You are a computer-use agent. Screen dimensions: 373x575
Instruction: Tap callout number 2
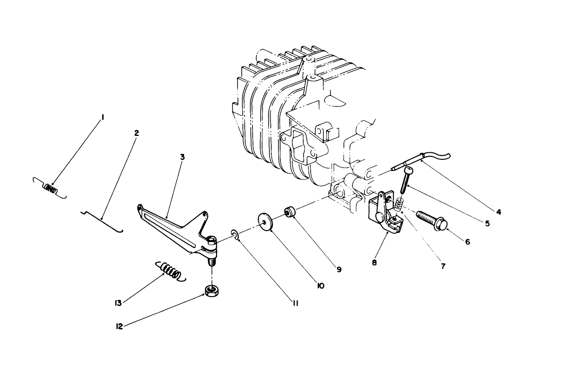point(136,133)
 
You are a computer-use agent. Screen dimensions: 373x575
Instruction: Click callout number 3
point(182,157)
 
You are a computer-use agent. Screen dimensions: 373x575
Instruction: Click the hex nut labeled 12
point(212,291)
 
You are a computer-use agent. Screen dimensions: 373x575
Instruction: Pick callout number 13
point(118,303)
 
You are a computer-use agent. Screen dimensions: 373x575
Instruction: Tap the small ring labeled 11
point(234,233)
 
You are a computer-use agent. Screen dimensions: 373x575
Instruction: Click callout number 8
point(374,263)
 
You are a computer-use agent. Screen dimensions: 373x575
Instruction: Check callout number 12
point(119,326)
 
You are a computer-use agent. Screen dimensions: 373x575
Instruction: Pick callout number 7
point(443,266)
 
